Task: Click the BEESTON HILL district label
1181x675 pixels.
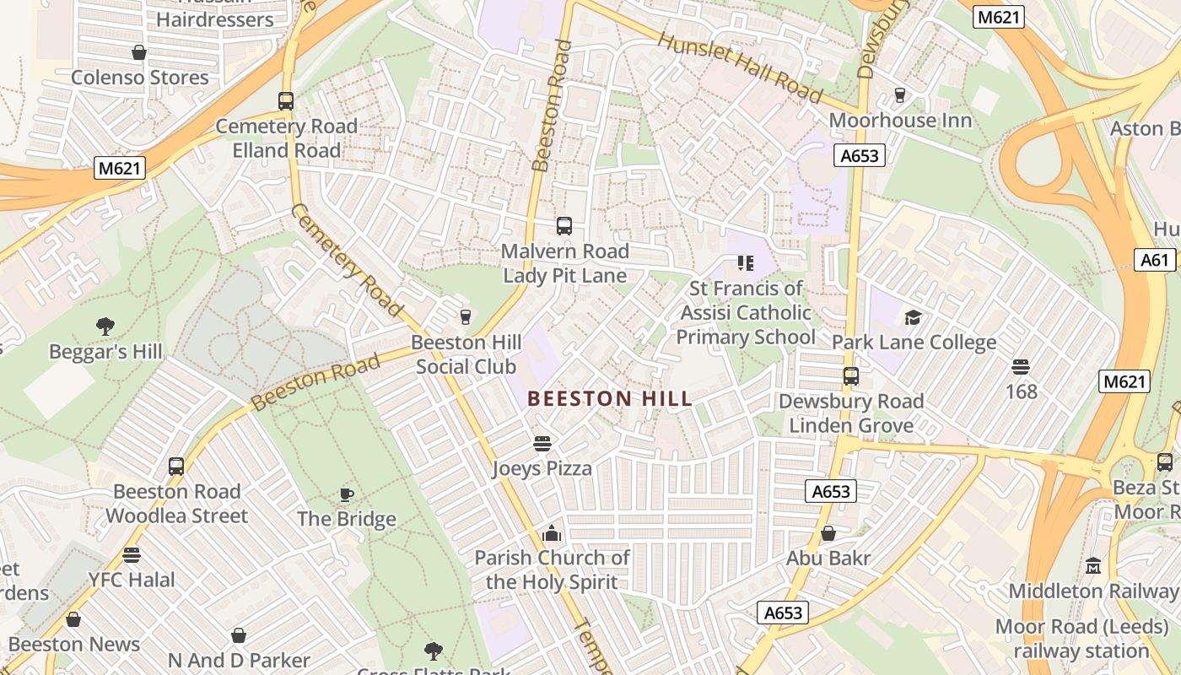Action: point(610,398)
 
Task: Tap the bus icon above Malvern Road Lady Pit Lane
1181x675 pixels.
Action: point(564,226)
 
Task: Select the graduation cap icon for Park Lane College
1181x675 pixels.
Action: point(914,318)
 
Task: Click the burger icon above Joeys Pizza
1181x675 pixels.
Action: point(542,444)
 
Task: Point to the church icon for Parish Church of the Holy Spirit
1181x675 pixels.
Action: point(552,533)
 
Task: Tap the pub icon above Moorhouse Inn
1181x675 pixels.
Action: point(900,95)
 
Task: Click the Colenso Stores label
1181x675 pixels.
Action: point(140,78)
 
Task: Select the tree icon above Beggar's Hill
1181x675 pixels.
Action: point(105,327)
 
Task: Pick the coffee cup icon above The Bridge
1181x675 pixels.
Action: point(346,494)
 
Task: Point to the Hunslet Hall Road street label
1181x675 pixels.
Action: point(739,67)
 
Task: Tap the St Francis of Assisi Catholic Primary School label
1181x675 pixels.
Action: point(746,313)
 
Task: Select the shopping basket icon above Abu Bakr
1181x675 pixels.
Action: point(828,533)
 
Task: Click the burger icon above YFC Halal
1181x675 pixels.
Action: point(132,555)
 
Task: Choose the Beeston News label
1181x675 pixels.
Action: point(74,645)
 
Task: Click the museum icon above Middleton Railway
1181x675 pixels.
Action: point(1093,565)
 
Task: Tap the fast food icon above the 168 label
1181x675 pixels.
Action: point(1021,367)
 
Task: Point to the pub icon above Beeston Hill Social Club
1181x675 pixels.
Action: point(464,317)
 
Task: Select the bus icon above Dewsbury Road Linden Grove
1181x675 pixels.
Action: point(851,376)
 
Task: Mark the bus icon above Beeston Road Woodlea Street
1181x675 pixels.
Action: point(176,467)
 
